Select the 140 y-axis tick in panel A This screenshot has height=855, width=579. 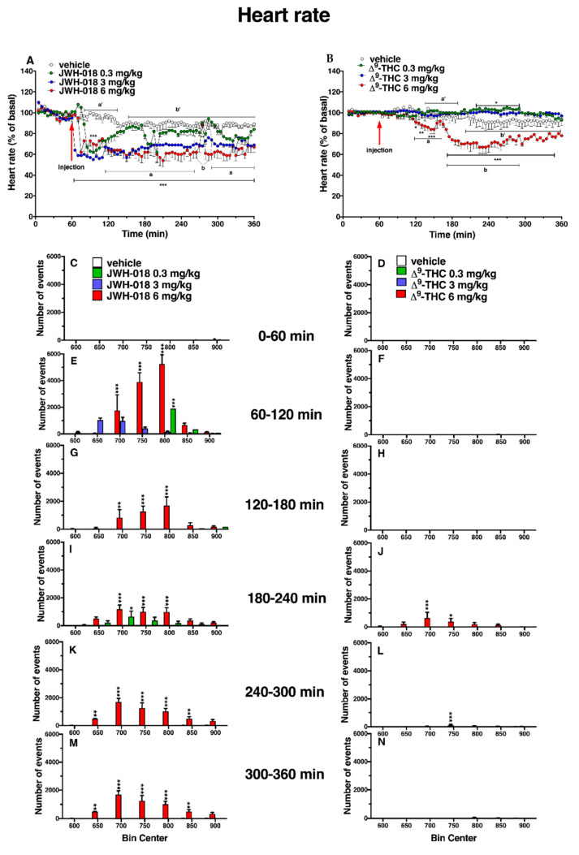(x=25, y=71)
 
